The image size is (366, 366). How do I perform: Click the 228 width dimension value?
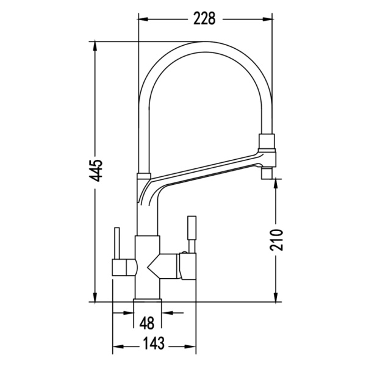pos(204,18)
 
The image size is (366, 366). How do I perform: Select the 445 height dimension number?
pos(96,171)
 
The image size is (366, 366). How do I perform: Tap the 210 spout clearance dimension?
pos(276,240)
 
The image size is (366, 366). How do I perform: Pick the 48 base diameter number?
pos(147,323)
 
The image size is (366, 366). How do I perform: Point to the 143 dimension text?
pos(154,343)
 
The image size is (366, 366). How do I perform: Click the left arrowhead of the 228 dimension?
pos(143,19)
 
